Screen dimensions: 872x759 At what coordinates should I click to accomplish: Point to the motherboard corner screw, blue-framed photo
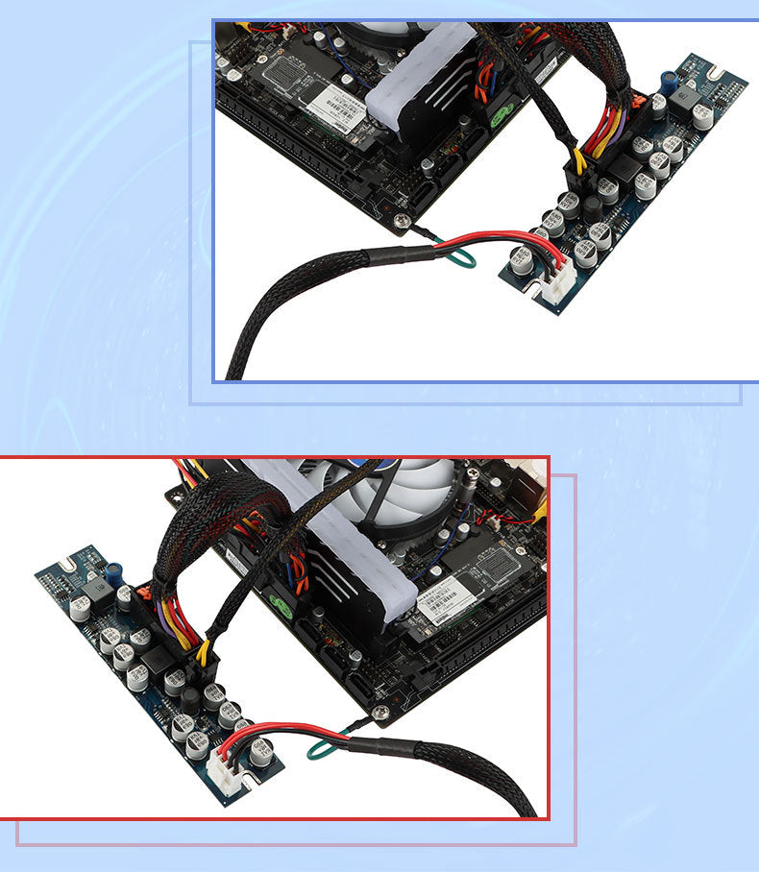[x=401, y=221]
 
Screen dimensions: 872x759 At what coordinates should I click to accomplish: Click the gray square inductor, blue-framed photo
[x=691, y=99]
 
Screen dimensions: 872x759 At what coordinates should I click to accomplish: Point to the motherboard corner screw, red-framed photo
[x=382, y=711]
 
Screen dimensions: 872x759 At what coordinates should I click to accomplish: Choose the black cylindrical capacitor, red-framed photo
[x=191, y=698]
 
